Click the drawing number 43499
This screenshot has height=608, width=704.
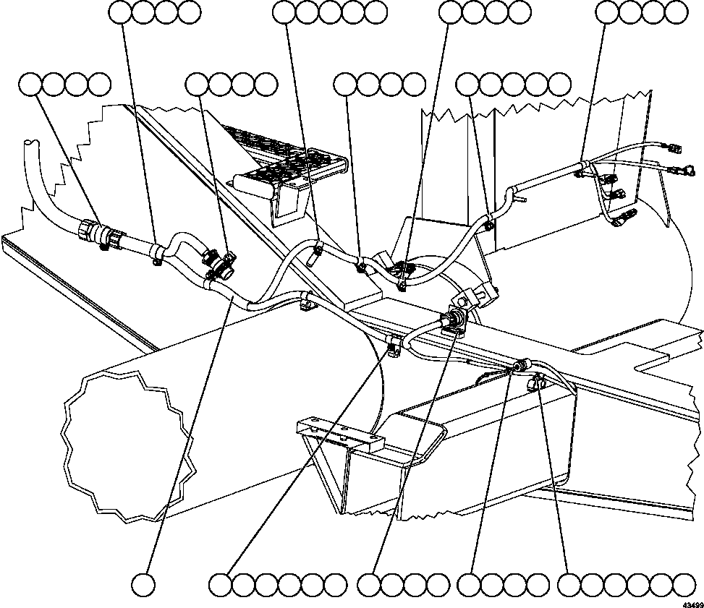coord(691,600)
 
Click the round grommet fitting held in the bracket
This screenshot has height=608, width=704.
coord(455,321)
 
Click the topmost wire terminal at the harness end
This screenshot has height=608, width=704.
coord(674,149)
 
